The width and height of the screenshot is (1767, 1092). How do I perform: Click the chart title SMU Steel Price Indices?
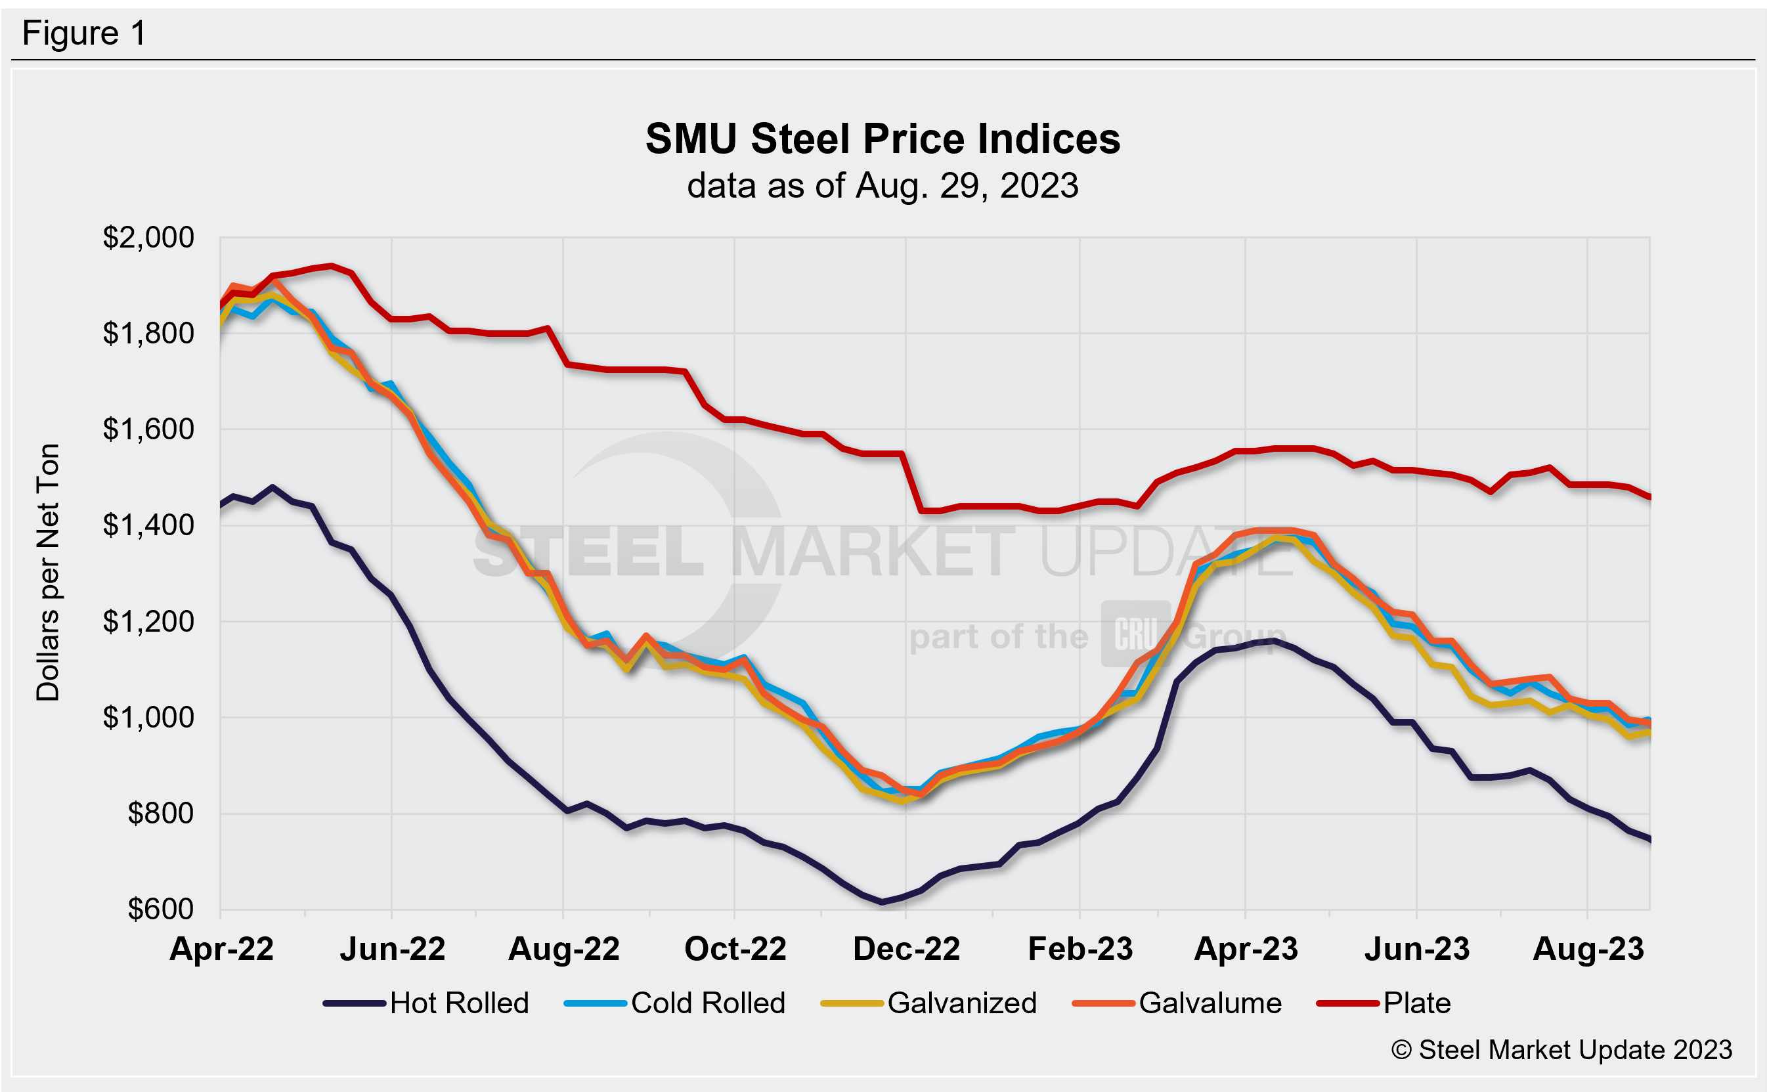click(883, 139)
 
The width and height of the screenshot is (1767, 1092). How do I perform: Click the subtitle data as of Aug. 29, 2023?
click(883, 186)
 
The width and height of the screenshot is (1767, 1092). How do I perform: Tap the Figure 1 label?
click(84, 33)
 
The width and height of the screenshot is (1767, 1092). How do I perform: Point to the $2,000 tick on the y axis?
click(148, 238)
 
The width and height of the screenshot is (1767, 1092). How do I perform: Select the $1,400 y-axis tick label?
click(148, 525)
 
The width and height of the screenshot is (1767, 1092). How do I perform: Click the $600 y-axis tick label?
click(160, 909)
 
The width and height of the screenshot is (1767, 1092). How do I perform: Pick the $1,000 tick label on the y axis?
click(148, 717)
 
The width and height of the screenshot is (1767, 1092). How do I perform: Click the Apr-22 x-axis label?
click(221, 949)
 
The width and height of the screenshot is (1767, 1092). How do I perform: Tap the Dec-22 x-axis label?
click(906, 949)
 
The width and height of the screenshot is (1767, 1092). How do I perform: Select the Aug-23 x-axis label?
click(1588, 949)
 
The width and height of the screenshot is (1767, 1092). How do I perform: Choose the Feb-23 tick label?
click(1080, 949)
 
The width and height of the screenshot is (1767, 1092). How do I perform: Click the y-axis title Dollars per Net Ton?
click(48, 572)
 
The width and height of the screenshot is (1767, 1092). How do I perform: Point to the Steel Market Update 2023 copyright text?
click(1561, 1050)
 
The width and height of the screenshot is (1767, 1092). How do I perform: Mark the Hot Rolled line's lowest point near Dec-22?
click(882, 902)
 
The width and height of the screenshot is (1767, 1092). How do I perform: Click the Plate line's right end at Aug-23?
click(1649, 497)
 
